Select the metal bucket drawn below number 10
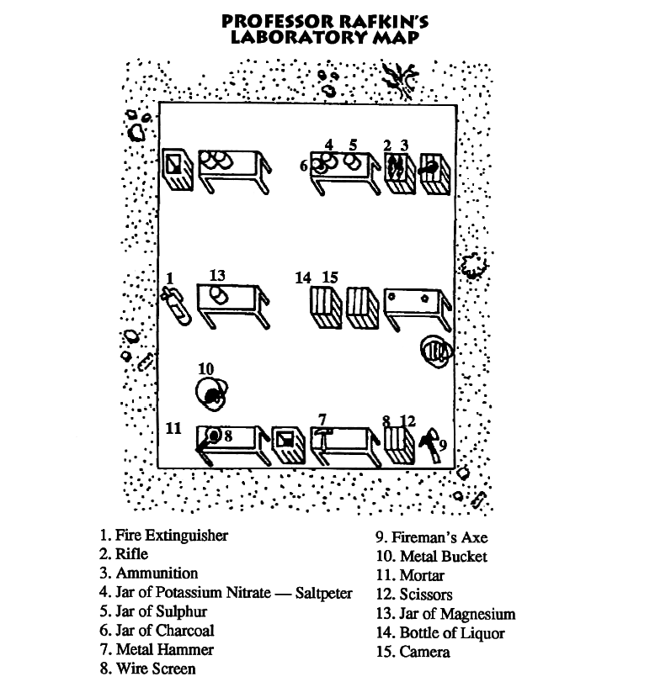[210, 393]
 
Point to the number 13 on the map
[217, 276]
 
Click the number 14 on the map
[303, 278]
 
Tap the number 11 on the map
[173, 428]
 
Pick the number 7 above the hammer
[322, 419]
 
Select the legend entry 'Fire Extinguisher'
[163, 535]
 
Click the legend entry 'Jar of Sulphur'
[152, 611]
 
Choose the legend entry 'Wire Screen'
[147, 669]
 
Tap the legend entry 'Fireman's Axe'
[431, 537]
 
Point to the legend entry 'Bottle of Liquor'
[440, 633]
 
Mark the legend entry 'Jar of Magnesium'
[445, 614]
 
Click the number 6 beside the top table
[303, 167]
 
